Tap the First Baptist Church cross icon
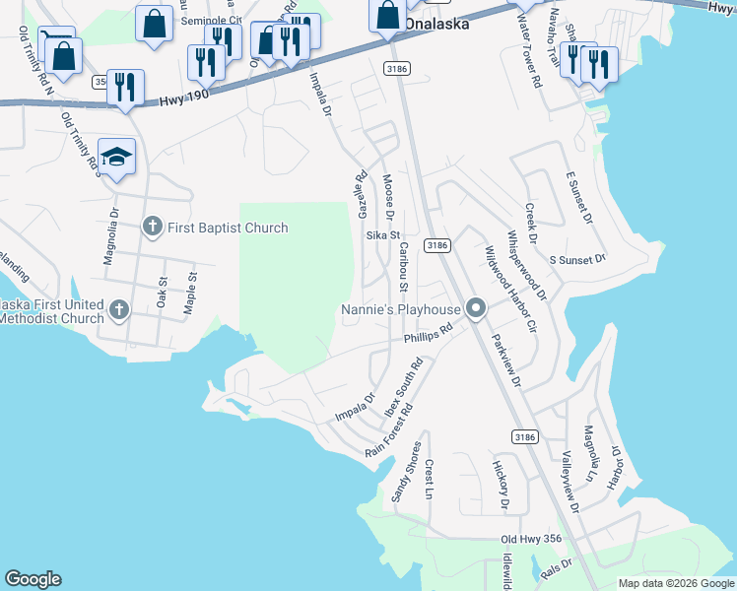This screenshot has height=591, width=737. [x=152, y=228]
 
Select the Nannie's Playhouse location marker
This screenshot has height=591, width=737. [x=476, y=310]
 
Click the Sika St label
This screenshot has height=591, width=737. [x=383, y=235]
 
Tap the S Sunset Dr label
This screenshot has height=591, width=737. [x=576, y=259]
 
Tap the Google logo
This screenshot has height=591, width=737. [x=33, y=579]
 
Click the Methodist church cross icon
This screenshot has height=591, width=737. [x=118, y=309]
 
